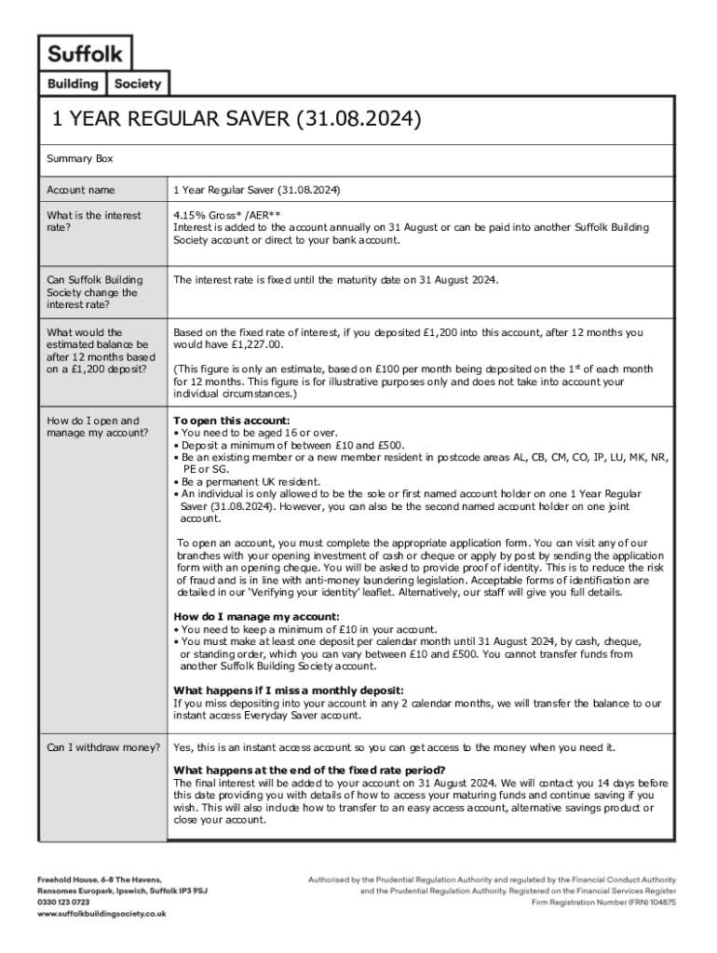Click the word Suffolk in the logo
pos(85,53)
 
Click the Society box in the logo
pos(138,84)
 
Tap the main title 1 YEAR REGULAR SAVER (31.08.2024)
pos(237,120)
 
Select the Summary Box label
pos(80,159)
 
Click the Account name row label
pos(81,190)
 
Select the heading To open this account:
pos(232,420)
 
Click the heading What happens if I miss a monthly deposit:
pos(289,690)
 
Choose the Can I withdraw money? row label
pos(103,747)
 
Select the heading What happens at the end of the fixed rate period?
pos(309,770)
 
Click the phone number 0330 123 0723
pos(63,902)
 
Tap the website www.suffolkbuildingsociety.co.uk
pos(101,914)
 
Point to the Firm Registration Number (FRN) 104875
pos(603,902)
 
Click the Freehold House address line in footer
pos(100,879)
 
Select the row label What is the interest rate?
pos(94,221)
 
